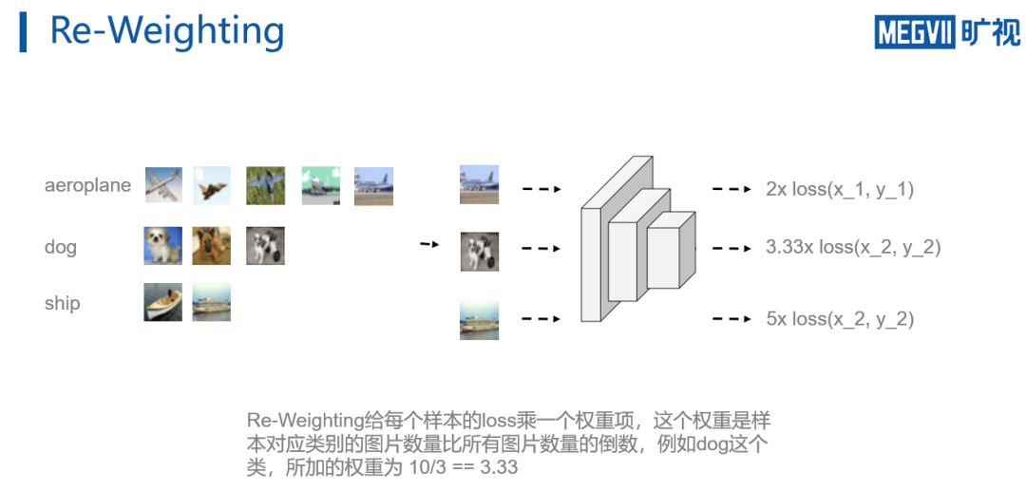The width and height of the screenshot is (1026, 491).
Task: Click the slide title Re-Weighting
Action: [x=167, y=31]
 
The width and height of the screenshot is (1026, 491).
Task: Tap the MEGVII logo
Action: [x=946, y=31]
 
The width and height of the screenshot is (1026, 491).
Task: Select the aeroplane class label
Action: [x=87, y=185]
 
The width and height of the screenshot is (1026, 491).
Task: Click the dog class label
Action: [x=60, y=247]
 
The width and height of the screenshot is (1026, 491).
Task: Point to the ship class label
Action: [x=62, y=304]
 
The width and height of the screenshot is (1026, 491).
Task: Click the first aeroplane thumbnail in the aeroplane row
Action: [x=163, y=185]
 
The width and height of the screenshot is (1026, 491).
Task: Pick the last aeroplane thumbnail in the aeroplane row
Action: [x=373, y=186]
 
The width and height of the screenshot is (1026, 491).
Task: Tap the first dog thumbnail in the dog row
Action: [x=162, y=245]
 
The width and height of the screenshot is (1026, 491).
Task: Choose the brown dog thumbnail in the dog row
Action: [x=211, y=245]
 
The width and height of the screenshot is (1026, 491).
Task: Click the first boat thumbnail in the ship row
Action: [x=162, y=302]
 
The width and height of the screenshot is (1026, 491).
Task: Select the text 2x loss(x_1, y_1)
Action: [x=839, y=189]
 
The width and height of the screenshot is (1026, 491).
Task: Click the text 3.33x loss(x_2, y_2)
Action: [x=852, y=248]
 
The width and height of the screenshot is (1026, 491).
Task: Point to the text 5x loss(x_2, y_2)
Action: [x=839, y=319]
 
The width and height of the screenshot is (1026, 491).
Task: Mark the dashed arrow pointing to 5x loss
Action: [x=731, y=319]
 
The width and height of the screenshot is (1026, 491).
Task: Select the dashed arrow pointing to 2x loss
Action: [x=731, y=189]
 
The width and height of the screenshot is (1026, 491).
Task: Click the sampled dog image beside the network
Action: [x=479, y=252]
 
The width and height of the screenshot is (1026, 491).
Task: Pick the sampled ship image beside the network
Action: [x=479, y=319]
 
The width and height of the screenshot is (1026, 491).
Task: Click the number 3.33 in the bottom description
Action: [x=500, y=467]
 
